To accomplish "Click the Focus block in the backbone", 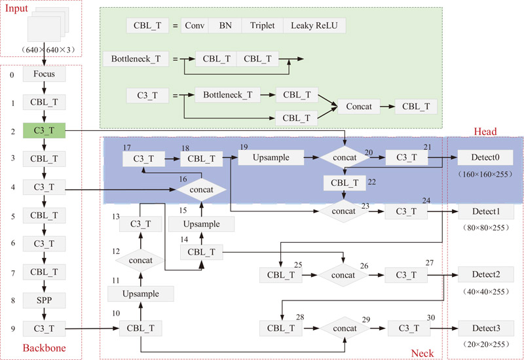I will click(x=44, y=74).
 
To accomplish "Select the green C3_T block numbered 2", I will click(x=44, y=130).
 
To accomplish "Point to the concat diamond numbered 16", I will click(x=201, y=189).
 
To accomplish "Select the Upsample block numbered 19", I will click(x=272, y=158).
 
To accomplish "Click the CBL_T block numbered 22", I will click(x=345, y=183).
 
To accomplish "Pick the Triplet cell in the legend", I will click(x=262, y=26).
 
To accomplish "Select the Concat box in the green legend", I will click(x=358, y=106).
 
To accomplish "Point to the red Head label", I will click(x=485, y=131).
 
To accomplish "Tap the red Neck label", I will click(x=422, y=353).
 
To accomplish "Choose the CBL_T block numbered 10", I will click(x=141, y=328).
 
